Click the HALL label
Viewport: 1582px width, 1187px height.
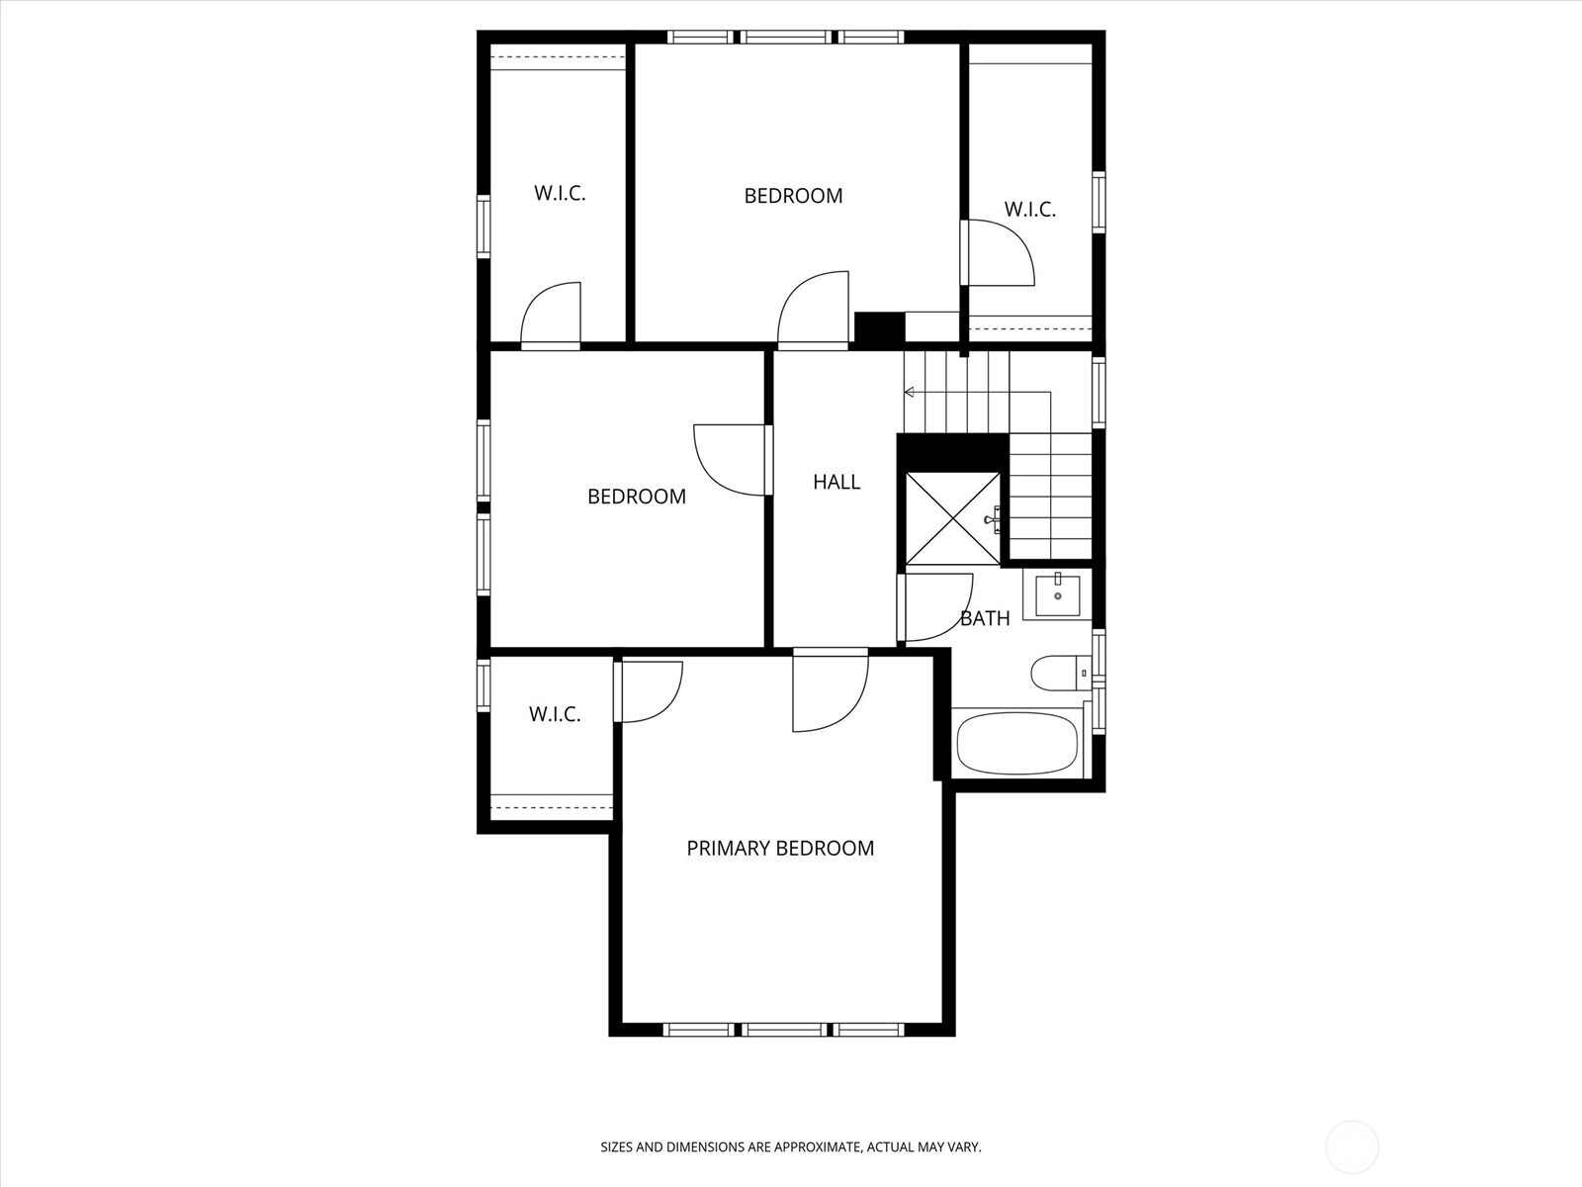coord(836,482)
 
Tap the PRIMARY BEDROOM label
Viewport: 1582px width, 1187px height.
coord(780,849)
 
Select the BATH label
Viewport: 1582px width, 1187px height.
coord(985,618)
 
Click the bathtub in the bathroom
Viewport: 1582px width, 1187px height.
coord(1017,742)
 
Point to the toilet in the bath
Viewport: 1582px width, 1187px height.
coord(1061,674)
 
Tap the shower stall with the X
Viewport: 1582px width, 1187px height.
coord(952,518)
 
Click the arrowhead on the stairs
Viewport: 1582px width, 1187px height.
coord(910,392)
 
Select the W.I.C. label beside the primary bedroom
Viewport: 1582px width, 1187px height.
coord(555,714)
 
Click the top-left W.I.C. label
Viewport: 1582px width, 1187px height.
coord(560,193)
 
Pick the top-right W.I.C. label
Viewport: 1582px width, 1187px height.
coord(1030,210)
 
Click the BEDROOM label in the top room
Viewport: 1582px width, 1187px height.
coord(793,196)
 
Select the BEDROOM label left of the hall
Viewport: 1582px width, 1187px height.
coord(637,497)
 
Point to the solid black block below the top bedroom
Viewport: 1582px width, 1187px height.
coord(879,327)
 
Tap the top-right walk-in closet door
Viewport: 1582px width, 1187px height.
coord(998,253)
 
